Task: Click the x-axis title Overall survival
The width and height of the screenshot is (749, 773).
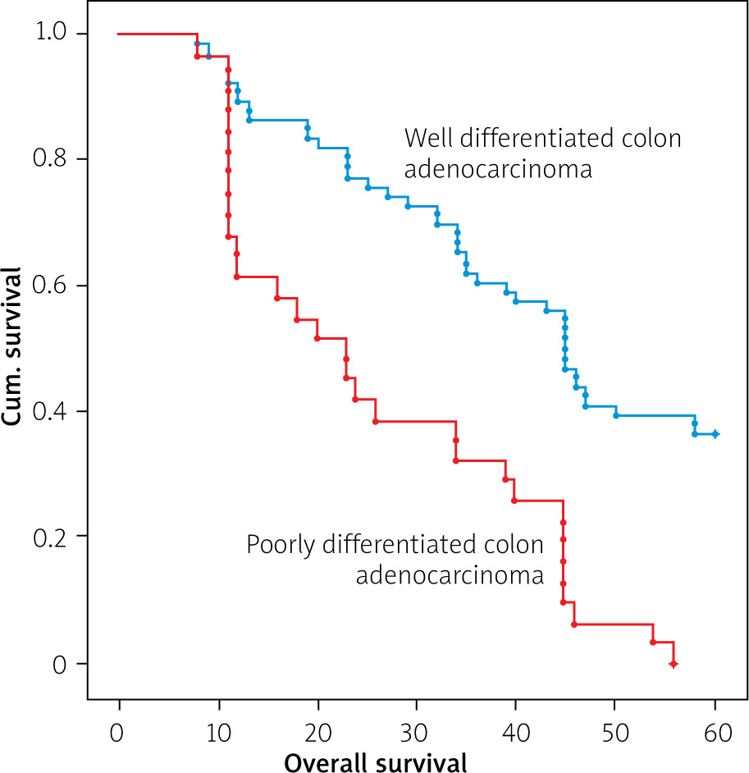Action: point(375,761)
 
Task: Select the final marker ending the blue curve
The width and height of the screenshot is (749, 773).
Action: point(715,434)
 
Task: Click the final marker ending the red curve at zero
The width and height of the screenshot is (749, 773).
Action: point(674,663)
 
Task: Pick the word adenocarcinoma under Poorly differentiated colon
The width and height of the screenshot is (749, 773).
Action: point(450,575)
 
